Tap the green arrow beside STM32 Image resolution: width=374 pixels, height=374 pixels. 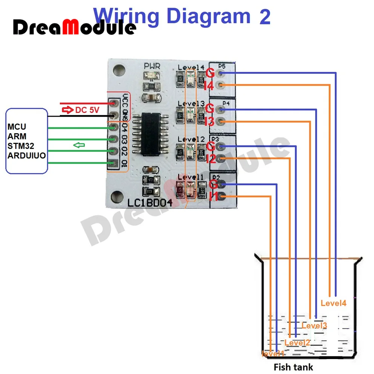click(79, 145)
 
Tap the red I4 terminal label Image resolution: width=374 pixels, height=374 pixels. click(209, 86)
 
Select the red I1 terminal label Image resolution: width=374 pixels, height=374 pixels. click(214, 196)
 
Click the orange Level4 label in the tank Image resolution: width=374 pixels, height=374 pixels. click(334, 303)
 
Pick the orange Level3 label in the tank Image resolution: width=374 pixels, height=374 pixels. click(314, 326)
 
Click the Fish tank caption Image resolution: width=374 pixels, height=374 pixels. click(293, 367)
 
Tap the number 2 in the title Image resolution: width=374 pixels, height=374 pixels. click(264, 16)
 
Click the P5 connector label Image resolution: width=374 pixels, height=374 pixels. click(222, 67)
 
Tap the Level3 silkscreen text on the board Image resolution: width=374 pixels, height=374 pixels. click(191, 103)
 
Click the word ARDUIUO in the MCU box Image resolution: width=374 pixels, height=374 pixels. click(27, 155)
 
